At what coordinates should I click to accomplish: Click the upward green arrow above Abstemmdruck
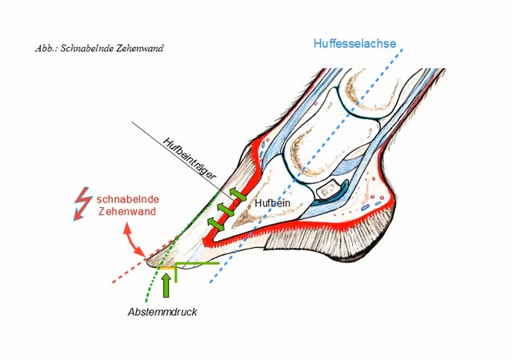pyautogui.click(x=166, y=284)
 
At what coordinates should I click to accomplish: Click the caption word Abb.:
pyautogui.click(x=46, y=48)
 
